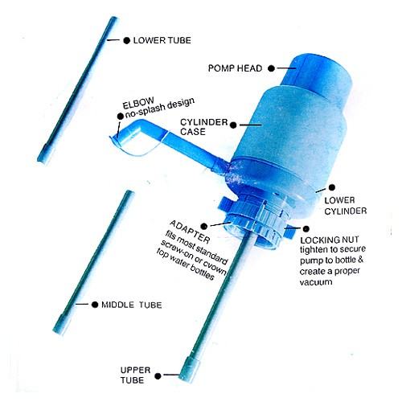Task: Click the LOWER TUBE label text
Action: click(x=162, y=40)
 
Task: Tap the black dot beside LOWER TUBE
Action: click(x=126, y=40)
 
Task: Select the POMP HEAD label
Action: click(x=235, y=68)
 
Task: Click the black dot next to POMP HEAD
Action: click(x=271, y=68)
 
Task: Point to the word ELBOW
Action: click(x=138, y=103)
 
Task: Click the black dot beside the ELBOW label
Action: click(x=121, y=116)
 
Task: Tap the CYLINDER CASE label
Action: click(x=203, y=127)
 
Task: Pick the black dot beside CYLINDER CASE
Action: click(x=233, y=125)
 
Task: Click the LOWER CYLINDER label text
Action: click(x=346, y=206)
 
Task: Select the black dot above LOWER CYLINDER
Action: click(x=332, y=187)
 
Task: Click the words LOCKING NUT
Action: click(x=330, y=240)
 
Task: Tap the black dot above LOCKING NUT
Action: click(x=306, y=228)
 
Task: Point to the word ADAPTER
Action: click(x=190, y=232)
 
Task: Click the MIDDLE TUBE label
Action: click(x=132, y=305)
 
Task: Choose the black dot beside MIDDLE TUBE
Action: click(x=95, y=305)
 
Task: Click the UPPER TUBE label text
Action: click(x=135, y=375)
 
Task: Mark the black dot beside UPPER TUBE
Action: click(x=158, y=376)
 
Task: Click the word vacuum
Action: click(x=316, y=282)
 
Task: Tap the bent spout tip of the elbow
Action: click(x=115, y=138)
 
